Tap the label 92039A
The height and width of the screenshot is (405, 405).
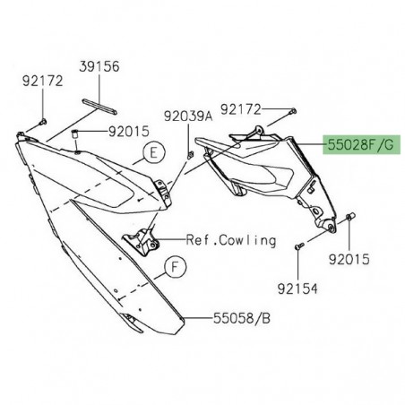(x=187, y=115)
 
